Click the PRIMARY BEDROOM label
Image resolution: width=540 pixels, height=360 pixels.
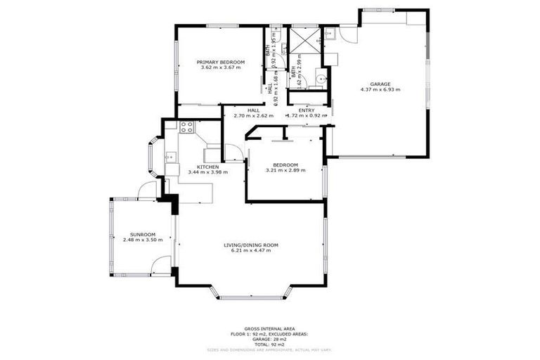tap(220, 62)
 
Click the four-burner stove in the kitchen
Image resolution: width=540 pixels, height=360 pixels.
tap(186, 127)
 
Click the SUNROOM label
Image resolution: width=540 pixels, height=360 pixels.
tap(142, 234)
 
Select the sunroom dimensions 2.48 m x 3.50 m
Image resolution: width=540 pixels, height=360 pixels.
tap(142, 240)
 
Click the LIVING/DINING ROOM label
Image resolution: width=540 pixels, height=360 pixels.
tap(251, 245)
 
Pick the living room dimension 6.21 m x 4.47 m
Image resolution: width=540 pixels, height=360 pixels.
tap(251, 250)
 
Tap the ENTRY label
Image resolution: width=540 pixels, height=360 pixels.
tap(307, 110)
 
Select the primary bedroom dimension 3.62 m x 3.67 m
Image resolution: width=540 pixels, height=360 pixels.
tap(220, 67)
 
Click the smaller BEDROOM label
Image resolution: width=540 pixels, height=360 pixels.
tap(285, 165)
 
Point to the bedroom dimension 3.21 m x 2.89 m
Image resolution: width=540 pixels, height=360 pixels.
tap(285, 170)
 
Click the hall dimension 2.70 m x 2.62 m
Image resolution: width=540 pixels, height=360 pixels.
tap(253, 116)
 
